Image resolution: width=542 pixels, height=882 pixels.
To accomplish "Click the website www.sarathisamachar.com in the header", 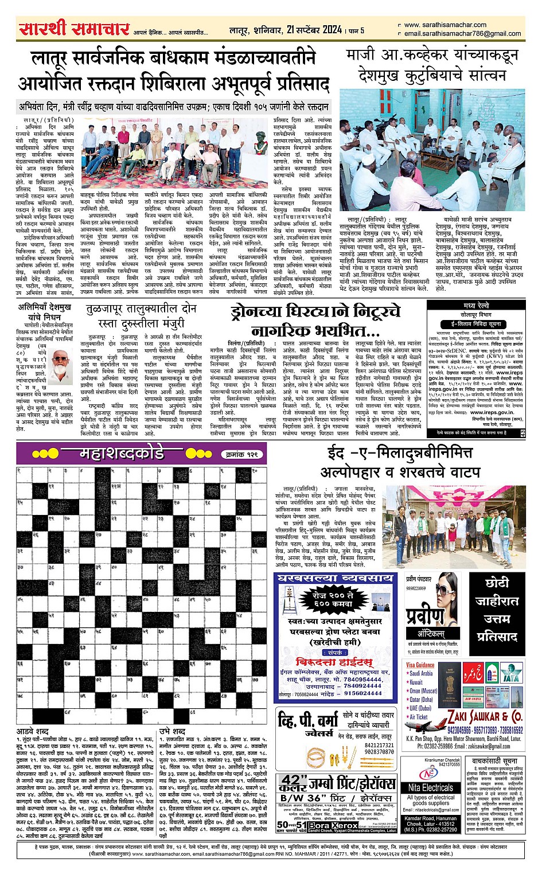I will click(445, 25).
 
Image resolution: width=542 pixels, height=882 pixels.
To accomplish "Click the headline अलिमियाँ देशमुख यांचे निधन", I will click(44, 312).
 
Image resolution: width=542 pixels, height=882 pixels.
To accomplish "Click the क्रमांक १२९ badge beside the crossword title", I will click(243, 454).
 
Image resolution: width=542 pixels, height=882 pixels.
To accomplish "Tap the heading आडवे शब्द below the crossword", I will click(33, 732).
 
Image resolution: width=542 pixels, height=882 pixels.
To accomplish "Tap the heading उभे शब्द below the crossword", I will click(172, 732).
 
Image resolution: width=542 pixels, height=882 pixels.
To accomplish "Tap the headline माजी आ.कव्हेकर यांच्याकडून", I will click(432, 56).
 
